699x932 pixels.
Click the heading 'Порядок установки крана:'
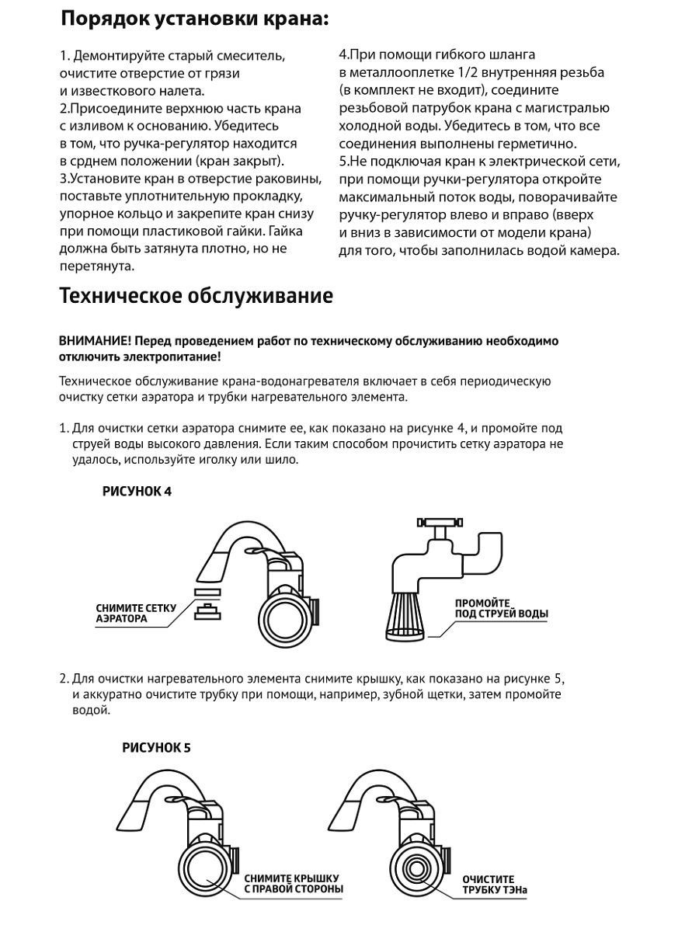[194, 19]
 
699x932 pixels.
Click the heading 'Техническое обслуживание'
[196, 297]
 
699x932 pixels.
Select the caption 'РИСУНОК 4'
[137, 492]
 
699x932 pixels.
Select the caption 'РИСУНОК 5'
[156, 749]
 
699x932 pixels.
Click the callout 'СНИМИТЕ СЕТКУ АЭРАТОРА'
[136, 614]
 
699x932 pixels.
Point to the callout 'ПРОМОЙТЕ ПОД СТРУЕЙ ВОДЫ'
[501, 608]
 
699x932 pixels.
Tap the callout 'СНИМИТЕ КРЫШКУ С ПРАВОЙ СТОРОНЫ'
[294, 883]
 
